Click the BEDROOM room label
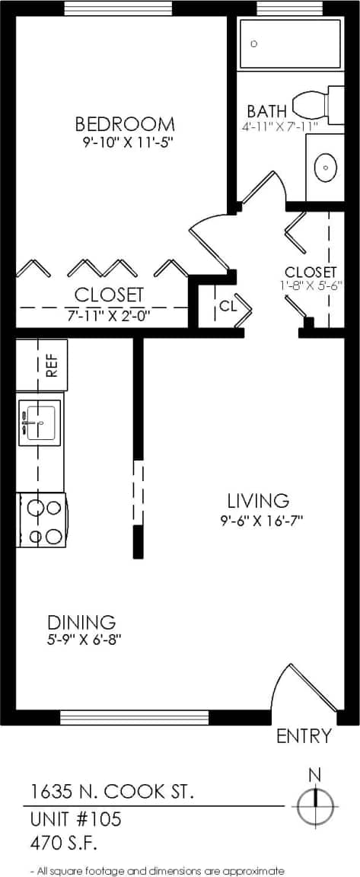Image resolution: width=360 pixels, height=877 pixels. [125, 123]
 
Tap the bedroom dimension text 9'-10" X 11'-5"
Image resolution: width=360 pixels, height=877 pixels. [125, 142]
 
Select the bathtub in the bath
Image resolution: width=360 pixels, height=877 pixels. [290, 44]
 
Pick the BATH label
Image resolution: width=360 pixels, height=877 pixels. [266, 110]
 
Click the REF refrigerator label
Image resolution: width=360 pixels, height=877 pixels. [52, 367]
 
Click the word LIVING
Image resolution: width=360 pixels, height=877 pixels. [258, 500]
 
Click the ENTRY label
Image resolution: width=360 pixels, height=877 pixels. [304, 736]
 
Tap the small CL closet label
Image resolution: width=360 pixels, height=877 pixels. [228, 306]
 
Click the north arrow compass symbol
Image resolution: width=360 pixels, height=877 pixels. [314, 804]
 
